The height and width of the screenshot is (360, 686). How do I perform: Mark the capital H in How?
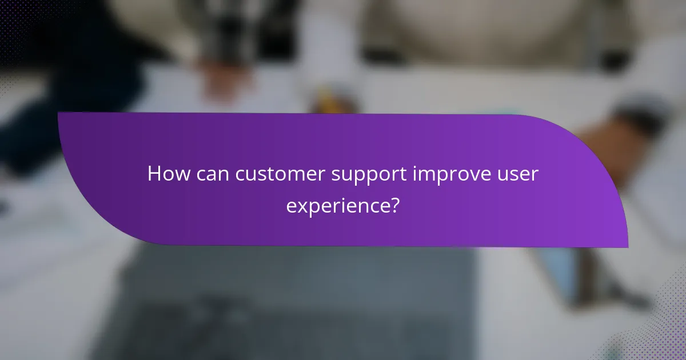[x=154, y=174]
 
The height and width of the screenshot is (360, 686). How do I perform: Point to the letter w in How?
[x=182, y=174]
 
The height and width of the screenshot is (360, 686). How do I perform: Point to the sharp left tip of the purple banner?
[x=59, y=113]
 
